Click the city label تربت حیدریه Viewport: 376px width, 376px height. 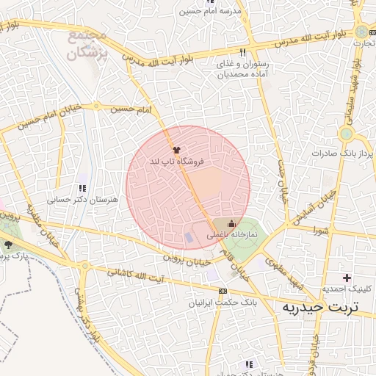tap(321, 307)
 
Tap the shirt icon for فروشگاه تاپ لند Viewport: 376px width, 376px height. tap(176, 149)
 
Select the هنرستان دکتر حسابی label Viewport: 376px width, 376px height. tap(73, 198)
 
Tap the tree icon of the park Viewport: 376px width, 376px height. tap(8, 245)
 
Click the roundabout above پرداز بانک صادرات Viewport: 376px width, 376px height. tap(347, 134)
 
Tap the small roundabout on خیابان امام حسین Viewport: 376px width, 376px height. tap(95, 107)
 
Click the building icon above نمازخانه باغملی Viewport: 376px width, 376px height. tap(232, 224)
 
